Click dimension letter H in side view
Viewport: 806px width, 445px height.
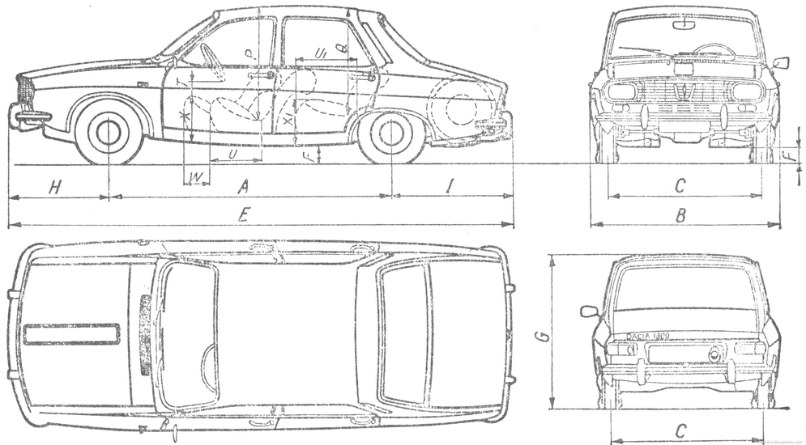[54, 188]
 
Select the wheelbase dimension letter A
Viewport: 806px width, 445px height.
[241, 188]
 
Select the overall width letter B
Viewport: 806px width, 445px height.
[681, 215]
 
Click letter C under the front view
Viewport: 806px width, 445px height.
[680, 186]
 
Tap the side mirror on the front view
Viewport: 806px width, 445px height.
[781, 62]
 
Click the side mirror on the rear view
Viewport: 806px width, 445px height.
[589, 311]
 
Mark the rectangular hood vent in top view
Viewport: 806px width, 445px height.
[71, 333]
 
